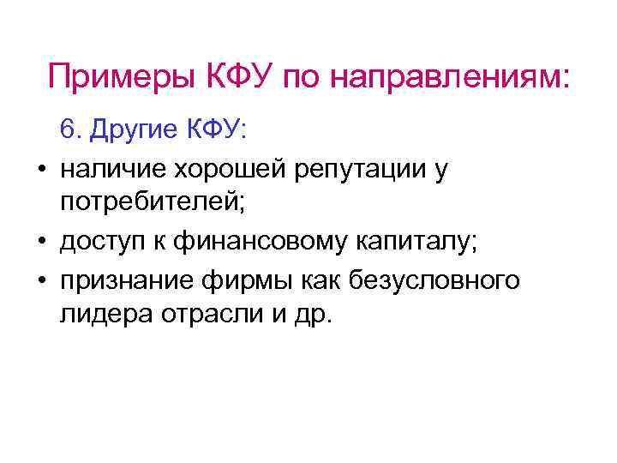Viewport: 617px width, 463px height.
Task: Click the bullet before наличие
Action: click(41, 171)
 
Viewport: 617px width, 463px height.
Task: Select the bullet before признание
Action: click(41, 280)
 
